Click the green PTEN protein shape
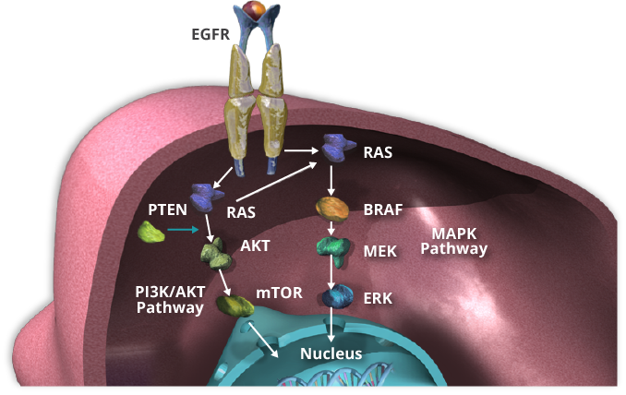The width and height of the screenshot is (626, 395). point(151,233)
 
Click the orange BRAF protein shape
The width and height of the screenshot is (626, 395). point(331,209)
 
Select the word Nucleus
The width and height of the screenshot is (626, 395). point(331,353)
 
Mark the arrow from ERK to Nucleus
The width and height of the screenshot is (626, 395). point(331,325)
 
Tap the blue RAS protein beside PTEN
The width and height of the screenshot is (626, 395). point(206,197)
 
